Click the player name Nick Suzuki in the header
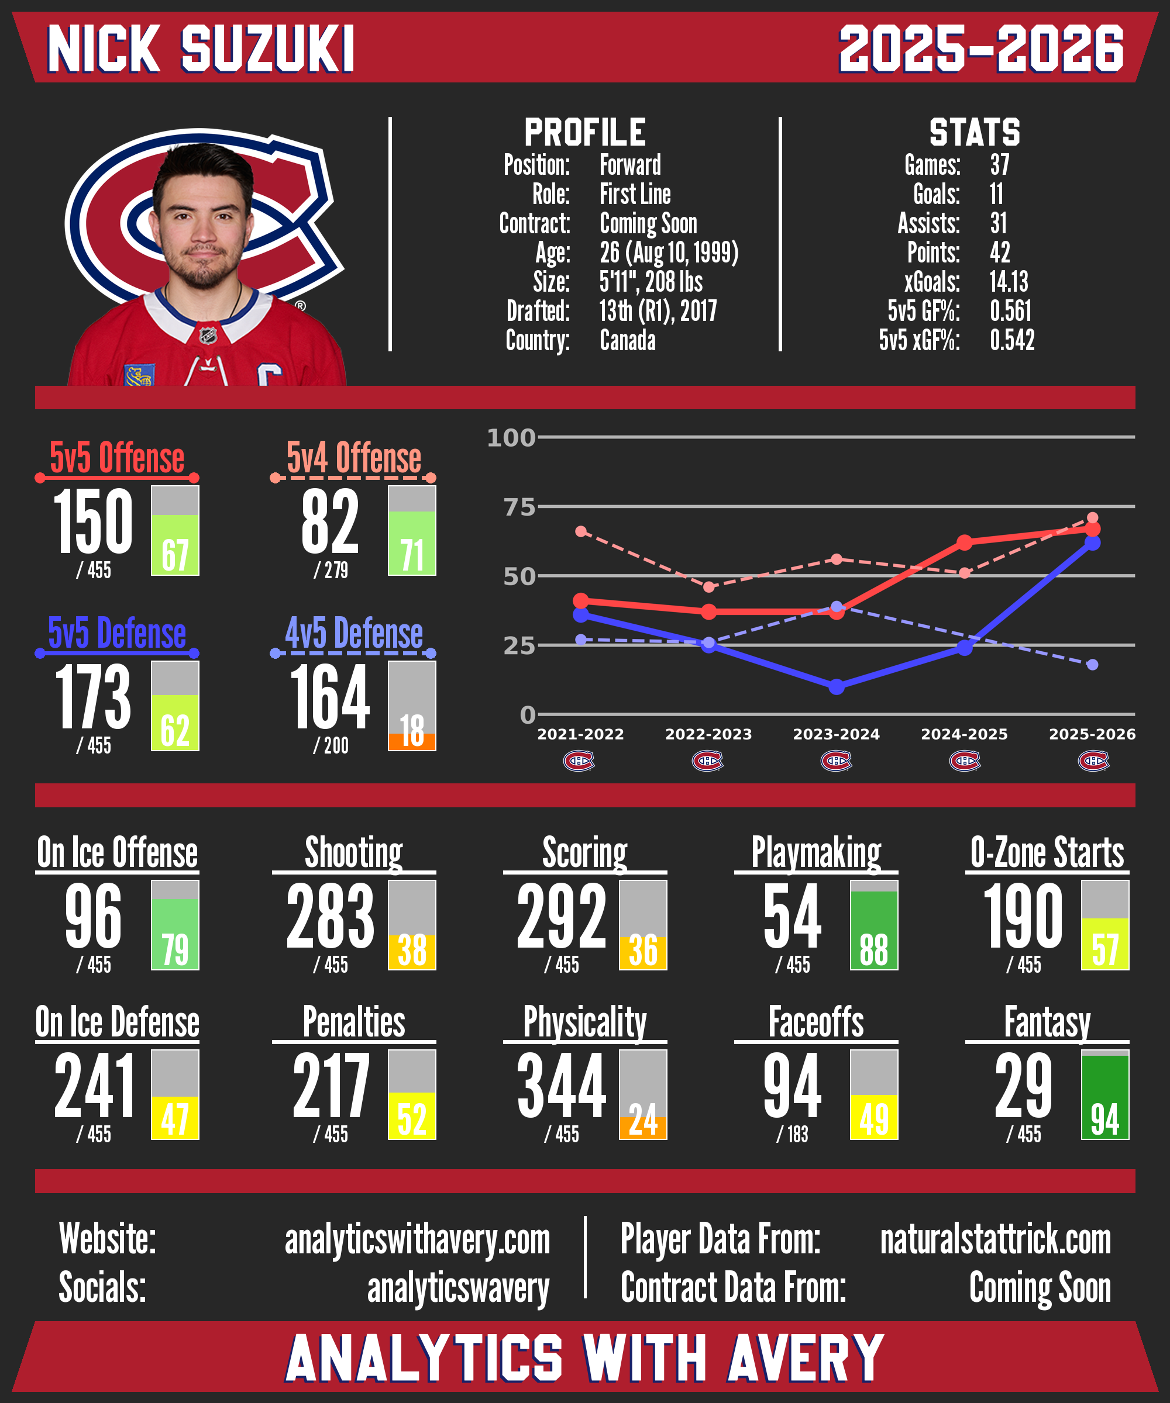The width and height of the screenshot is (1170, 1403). point(201,49)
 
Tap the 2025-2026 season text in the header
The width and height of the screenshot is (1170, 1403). point(981,49)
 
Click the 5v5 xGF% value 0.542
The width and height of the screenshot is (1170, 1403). point(1011,340)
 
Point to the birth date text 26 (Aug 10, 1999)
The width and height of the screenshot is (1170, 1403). point(669,253)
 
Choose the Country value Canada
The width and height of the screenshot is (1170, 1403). point(627,340)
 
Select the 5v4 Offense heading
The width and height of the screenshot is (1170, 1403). point(354,458)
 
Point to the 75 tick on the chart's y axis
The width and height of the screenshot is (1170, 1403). point(519,507)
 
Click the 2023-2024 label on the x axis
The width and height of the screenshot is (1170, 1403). point(836,734)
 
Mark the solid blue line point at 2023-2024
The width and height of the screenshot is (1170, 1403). point(836,687)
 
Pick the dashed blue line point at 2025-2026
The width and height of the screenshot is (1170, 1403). point(1092,665)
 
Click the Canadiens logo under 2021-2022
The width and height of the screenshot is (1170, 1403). point(579,761)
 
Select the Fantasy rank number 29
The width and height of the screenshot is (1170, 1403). point(1023,1086)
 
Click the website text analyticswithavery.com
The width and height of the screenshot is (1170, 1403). point(417,1240)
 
